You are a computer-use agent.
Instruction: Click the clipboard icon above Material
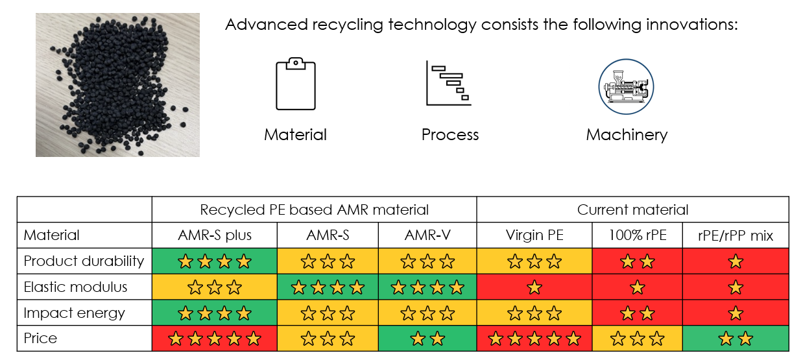(295, 84)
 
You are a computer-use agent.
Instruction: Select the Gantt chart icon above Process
(448, 83)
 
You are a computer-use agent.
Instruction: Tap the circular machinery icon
(626, 87)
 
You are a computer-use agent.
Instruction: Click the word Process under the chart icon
(450, 135)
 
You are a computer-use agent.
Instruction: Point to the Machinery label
(627, 135)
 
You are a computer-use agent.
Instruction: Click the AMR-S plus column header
(215, 235)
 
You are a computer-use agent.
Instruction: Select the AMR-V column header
(427, 235)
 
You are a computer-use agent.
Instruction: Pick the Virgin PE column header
(534, 235)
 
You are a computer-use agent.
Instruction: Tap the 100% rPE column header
(638, 235)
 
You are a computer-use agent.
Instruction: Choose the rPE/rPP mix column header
(736, 235)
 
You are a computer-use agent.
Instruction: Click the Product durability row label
(84, 261)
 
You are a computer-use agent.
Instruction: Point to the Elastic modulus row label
(75, 287)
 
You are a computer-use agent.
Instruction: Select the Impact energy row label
(74, 313)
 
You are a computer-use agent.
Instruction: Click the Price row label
(40, 338)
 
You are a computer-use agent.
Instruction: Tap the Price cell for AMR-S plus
(215, 339)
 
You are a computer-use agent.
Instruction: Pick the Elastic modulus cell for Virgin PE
(534, 287)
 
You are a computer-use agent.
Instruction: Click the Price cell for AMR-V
(427, 339)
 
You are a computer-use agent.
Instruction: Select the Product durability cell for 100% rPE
(638, 261)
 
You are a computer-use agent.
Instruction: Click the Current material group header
(632, 210)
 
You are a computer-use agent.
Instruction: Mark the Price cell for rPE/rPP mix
(736, 339)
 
